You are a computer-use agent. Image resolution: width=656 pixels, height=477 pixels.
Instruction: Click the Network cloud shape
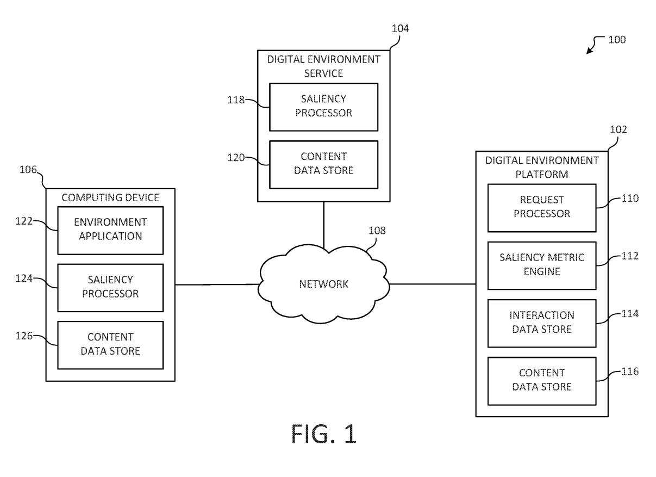pos(324,283)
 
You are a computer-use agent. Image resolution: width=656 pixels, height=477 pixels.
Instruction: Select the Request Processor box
pos(541,207)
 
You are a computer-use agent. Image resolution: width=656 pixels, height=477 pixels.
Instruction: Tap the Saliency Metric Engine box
pos(541,265)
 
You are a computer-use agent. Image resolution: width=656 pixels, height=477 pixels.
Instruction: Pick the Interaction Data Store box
pos(541,323)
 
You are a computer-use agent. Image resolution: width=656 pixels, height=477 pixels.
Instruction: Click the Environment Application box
pos(110,230)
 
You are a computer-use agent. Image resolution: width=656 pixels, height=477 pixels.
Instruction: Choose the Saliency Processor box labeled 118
pos(323,107)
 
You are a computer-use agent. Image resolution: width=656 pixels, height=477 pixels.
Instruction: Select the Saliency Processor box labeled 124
pos(110,287)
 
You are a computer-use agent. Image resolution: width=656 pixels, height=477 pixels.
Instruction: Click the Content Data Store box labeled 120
pos(323,164)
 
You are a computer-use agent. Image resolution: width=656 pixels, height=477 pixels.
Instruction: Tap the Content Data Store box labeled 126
pos(110,344)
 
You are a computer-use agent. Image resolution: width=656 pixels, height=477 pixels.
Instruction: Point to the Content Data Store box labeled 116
pos(541,380)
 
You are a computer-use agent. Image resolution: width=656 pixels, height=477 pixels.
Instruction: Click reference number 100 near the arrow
pos(617,40)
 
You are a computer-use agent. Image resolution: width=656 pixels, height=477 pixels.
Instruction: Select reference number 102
pos(618,130)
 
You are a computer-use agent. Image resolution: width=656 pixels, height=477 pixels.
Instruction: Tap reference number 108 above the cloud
pos(377,230)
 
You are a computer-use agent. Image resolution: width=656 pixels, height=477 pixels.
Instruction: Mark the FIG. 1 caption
pos(324,435)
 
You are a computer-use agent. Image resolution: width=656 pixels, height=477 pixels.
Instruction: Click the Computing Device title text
pos(110,197)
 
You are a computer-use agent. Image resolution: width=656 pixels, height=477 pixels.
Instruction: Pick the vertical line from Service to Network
pos(324,224)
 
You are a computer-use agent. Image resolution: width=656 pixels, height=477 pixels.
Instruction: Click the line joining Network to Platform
pos(432,283)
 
